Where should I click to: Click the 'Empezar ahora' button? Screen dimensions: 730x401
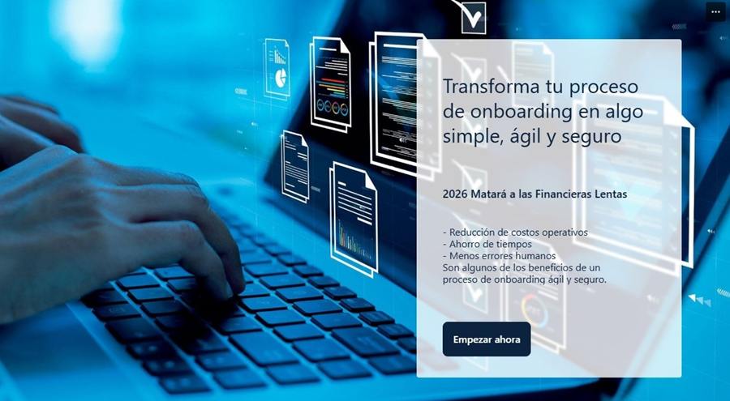(487, 339)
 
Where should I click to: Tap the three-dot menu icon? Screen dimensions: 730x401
(715, 12)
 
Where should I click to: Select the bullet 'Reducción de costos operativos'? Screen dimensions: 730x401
(515, 232)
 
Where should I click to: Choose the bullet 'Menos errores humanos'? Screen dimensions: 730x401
(499, 256)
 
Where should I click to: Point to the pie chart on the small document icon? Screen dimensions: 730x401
(281, 78)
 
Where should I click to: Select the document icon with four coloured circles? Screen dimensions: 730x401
(331, 83)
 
